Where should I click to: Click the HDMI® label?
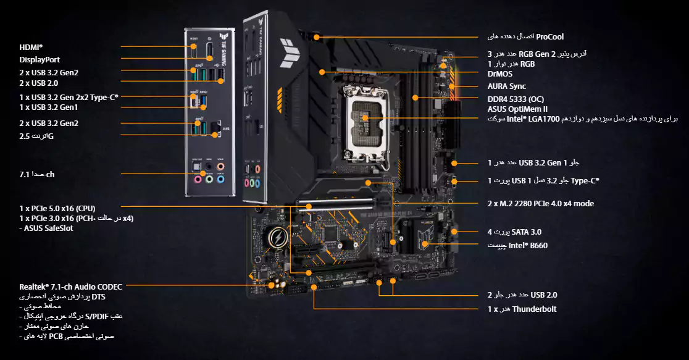(31, 46)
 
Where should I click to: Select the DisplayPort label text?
(40, 59)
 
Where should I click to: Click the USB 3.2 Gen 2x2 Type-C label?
(68, 97)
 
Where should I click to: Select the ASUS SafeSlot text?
(48, 228)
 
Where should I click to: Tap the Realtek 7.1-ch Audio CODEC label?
(70, 287)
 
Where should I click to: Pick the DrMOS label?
(499, 73)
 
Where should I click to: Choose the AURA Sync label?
(506, 86)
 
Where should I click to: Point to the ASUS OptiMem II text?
(513, 109)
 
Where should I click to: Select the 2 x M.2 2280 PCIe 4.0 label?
(532, 203)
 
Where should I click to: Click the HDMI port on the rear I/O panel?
(193, 46)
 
